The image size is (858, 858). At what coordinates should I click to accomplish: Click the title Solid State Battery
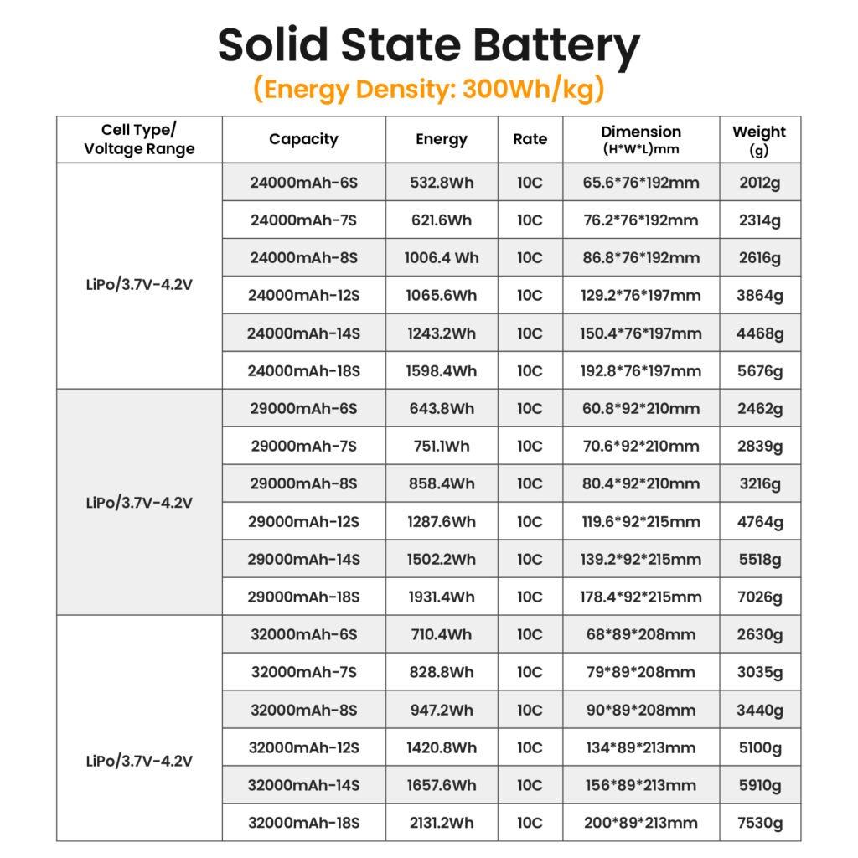tap(428, 47)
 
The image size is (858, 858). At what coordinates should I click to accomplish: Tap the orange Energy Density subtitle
tap(428, 89)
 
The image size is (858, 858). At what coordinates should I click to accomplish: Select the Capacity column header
tap(303, 140)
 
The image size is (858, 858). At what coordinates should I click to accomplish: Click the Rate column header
tap(530, 140)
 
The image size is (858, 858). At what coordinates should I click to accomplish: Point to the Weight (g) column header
tap(759, 140)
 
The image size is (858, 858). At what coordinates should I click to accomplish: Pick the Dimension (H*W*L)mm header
tap(641, 140)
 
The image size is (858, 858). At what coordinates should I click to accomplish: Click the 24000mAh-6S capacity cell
tap(303, 183)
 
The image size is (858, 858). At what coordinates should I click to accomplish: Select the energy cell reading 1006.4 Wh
tap(442, 258)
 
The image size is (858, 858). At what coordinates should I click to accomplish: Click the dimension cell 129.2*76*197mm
tap(641, 296)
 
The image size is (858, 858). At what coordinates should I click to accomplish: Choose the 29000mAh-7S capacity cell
tap(303, 447)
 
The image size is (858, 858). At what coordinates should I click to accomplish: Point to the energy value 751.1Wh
tap(442, 447)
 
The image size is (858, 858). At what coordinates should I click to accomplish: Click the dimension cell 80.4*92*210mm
tap(641, 484)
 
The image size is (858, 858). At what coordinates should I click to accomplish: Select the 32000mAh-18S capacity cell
tap(303, 823)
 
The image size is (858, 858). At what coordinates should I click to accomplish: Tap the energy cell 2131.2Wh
tap(442, 823)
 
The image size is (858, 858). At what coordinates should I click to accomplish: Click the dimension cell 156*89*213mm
tap(641, 785)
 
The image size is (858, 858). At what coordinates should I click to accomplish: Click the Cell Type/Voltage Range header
tap(139, 140)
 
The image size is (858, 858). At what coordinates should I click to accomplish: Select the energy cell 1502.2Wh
tap(442, 560)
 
